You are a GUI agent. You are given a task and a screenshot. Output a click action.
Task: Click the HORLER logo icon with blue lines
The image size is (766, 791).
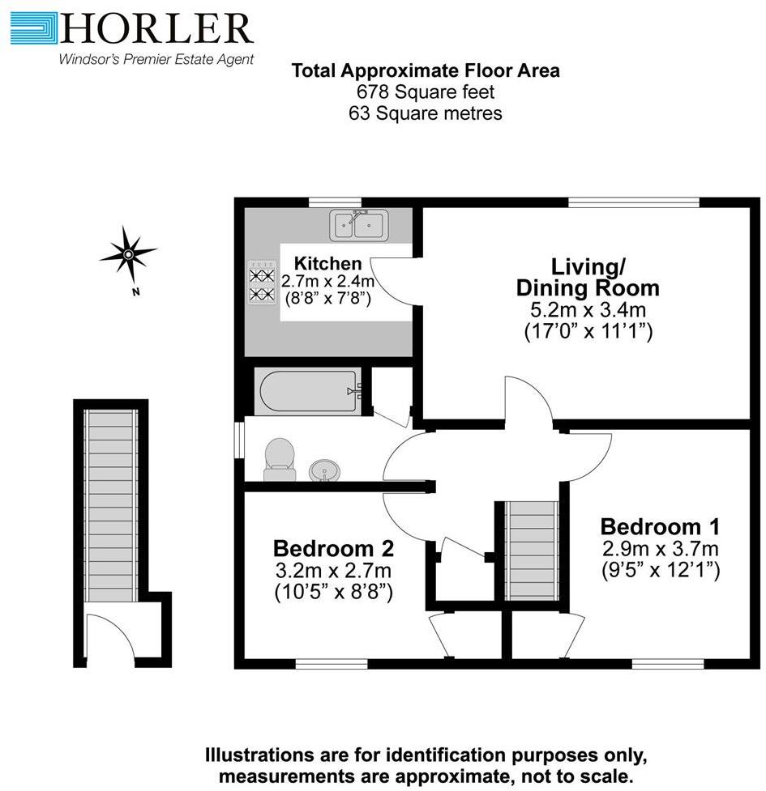pos(34,28)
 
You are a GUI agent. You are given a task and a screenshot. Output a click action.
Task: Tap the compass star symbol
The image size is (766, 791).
pos(128,254)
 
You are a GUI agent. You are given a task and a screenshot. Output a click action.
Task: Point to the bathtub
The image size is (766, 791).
pos(307,391)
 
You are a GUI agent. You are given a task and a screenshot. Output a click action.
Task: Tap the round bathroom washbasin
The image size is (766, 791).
pos(326,470)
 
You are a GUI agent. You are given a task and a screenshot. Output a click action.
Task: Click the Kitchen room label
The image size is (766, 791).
pos(327,263)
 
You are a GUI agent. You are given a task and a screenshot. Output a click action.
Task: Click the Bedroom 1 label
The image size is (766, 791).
pos(660,526)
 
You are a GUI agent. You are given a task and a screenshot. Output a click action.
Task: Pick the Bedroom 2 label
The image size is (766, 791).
pos(333,548)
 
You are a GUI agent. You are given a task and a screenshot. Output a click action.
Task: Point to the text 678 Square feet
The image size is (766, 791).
pos(426,92)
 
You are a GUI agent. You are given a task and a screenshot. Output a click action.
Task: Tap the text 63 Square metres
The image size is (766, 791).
pos(426,113)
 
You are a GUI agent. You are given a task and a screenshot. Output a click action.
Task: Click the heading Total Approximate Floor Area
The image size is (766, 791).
pos(426,70)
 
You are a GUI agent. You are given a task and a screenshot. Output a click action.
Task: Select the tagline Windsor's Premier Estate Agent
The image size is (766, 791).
pos(156,59)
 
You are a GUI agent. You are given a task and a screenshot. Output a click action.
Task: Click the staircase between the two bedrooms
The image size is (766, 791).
pos(531,551)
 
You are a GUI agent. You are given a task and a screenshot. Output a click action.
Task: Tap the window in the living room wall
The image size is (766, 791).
pos(634,202)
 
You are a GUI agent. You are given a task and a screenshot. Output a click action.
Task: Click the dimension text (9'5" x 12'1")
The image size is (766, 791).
pos(660,571)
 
